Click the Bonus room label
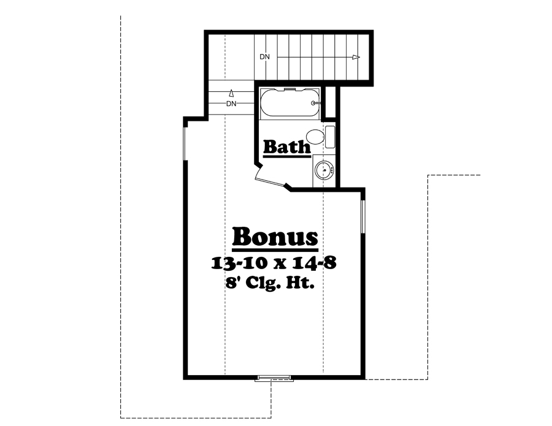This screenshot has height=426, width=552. point(275,237)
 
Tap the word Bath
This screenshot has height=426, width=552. point(287,147)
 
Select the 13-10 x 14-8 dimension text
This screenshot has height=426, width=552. point(275,264)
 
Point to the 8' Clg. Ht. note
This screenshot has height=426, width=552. point(275,284)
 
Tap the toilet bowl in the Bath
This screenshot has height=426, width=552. point(315,136)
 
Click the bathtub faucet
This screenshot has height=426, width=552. point(315,104)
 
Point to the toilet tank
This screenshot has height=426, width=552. point(329,136)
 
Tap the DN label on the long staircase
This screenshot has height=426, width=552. point(264,57)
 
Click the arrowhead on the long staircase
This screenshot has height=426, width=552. point(356,57)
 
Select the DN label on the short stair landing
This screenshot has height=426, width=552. point(231,104)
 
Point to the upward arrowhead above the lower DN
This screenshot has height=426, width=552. point(231,93)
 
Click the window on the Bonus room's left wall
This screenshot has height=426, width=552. point(185,144)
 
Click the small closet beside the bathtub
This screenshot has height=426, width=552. point(330,102)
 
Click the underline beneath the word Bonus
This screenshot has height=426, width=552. point(275,251)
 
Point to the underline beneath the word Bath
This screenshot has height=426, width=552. point(287,157)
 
